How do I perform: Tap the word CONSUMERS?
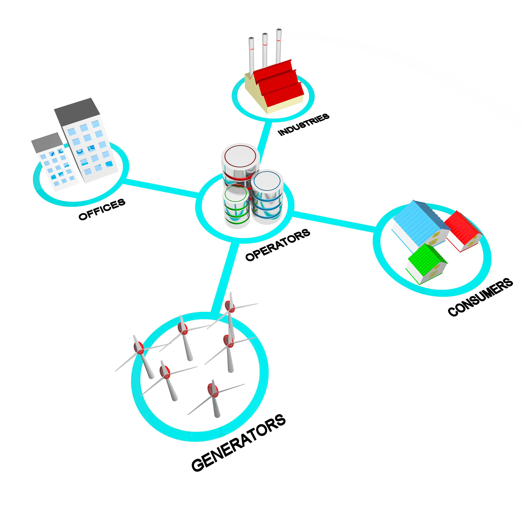pyautogui.click(x=480, y=297)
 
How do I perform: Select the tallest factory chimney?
pyautogui.click(x=279, y=46)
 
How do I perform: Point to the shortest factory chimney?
pyautogui.click(x=251, y=55)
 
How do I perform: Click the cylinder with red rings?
pyautogui.click(x=240, y=165)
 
